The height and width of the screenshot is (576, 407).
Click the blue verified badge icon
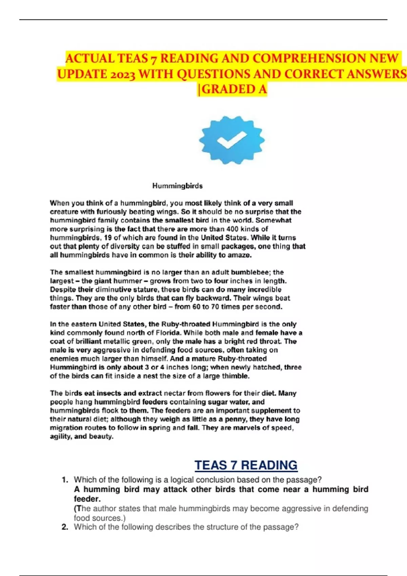pyautogui.click(x=232, y=140)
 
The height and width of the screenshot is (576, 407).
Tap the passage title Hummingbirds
pyautogui.click(x=177, y=186)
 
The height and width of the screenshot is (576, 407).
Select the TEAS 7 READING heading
pyautogui.click(x=246, y=465)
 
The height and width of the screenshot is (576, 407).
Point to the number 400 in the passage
pyautogui.click(x=232, y=229)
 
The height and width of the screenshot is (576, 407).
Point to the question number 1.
pyautogui.click(x=65, y=480)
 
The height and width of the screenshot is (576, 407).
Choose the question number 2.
pyautogui.click(x=65, y=527)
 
